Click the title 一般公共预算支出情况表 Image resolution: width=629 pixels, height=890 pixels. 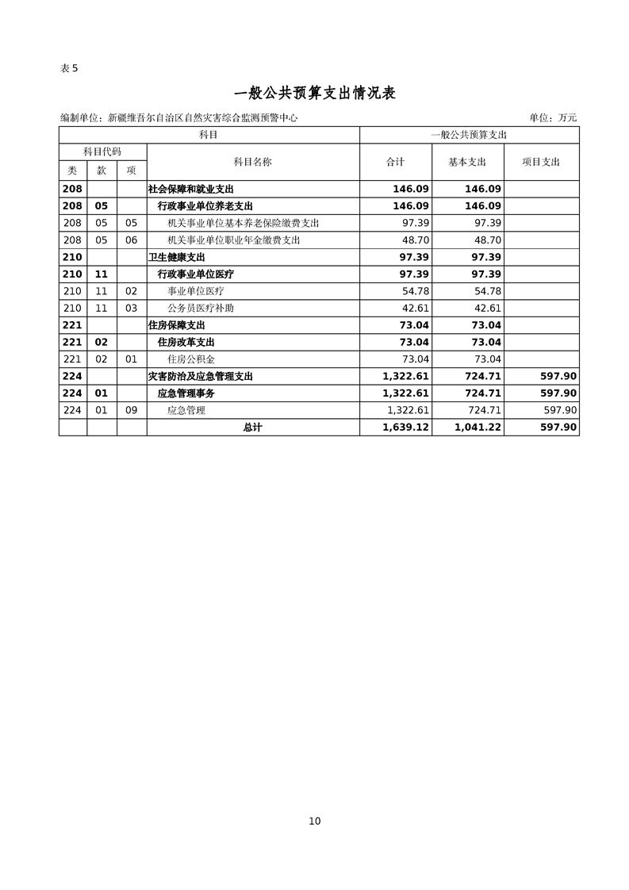315,93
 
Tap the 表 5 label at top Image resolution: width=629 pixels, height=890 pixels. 70,68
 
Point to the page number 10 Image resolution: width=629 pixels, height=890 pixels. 315,821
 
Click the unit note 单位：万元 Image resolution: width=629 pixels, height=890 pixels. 553,118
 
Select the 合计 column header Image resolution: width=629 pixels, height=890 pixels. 395,162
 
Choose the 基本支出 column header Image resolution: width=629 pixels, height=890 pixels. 467,162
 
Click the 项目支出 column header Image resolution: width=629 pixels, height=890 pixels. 541,162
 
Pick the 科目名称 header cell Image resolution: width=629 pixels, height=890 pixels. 252,162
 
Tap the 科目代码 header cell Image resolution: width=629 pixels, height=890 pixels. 102,152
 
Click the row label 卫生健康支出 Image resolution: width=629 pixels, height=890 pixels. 177,257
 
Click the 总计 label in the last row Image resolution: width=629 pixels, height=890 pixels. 252,428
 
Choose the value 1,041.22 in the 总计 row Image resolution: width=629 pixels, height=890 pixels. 479,428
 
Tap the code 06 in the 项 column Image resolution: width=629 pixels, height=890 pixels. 132,240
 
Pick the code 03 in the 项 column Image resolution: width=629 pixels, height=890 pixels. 132,309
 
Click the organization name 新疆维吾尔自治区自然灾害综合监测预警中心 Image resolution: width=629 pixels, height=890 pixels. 202,118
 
